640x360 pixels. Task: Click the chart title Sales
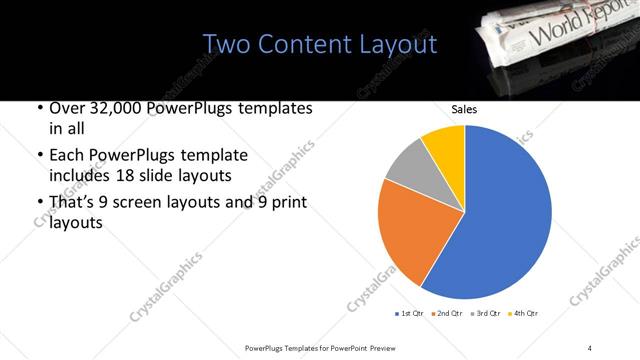[x=463, y=109]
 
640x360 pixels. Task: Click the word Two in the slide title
[x=226, y=45]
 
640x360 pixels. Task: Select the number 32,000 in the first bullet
[x=114, y=108]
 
